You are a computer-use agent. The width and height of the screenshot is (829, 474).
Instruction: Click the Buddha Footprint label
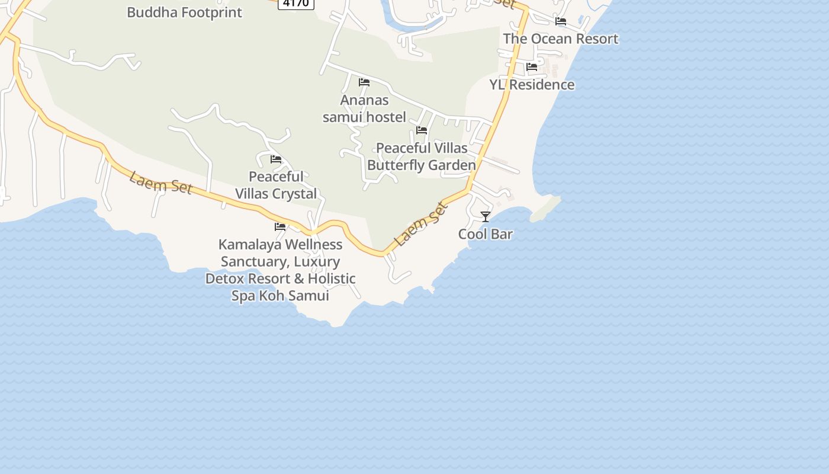pos(184,12)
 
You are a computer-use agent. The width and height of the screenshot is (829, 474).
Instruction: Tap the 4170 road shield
pos(295,4)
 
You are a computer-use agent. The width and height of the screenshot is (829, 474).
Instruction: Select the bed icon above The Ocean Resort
pos(561,22)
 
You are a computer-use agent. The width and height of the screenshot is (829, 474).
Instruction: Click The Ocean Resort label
pos(560,39)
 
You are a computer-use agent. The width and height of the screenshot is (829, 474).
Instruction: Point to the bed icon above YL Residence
pos(532,68)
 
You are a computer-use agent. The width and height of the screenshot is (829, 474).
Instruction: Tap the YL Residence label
pos(532,85)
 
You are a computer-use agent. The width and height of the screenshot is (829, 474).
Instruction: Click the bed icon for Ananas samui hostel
pos(364,83)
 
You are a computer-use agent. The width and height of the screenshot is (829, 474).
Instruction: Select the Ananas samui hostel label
pos(364,109)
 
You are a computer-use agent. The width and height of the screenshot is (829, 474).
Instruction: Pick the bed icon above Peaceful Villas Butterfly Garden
pos(422,130)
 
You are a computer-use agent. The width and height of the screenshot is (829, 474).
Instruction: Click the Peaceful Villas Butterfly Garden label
pos(422,156)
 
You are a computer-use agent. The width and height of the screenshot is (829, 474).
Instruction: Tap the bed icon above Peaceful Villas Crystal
pos(276,159)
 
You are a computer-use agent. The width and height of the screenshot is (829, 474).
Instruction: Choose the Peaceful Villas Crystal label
pos(276,185)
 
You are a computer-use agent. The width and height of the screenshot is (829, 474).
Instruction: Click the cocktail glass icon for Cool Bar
pos(486,217)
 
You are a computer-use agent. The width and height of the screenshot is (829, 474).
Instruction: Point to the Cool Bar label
pos(486,234)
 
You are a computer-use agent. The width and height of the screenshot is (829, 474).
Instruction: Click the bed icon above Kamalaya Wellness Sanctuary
pos(280,227)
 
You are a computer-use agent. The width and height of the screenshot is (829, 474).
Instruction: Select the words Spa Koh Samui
pos(280,296)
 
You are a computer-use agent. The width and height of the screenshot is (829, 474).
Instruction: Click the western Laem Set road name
pos(160,182)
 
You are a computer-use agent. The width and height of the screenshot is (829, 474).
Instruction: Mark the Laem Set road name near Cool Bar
pos(421,225)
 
